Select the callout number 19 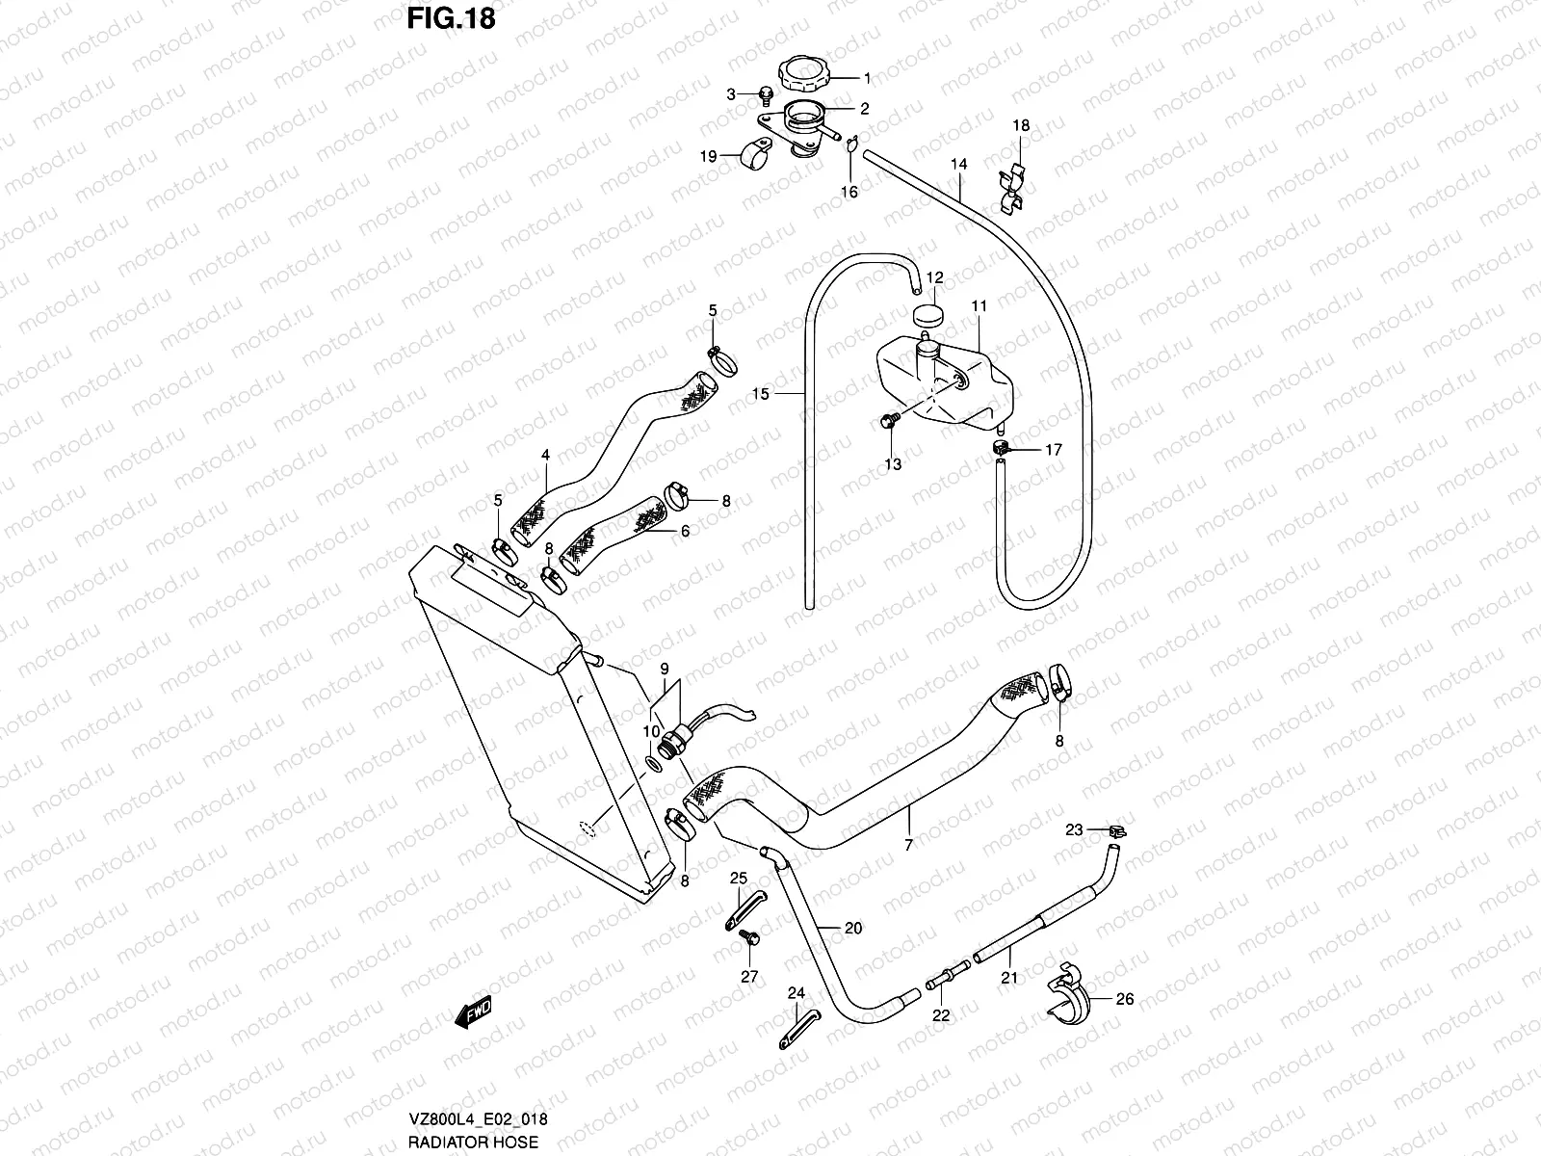[x=709, y=156]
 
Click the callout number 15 [x=761, y=394]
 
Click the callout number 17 [x=1054, y=450]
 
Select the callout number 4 [x=545, y=455]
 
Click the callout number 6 [x=685, y=531]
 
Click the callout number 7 [x=908, y=844]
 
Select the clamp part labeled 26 [x=1065, y=993]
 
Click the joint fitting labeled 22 [x=942, y=980]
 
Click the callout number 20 [x=852, y=929]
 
